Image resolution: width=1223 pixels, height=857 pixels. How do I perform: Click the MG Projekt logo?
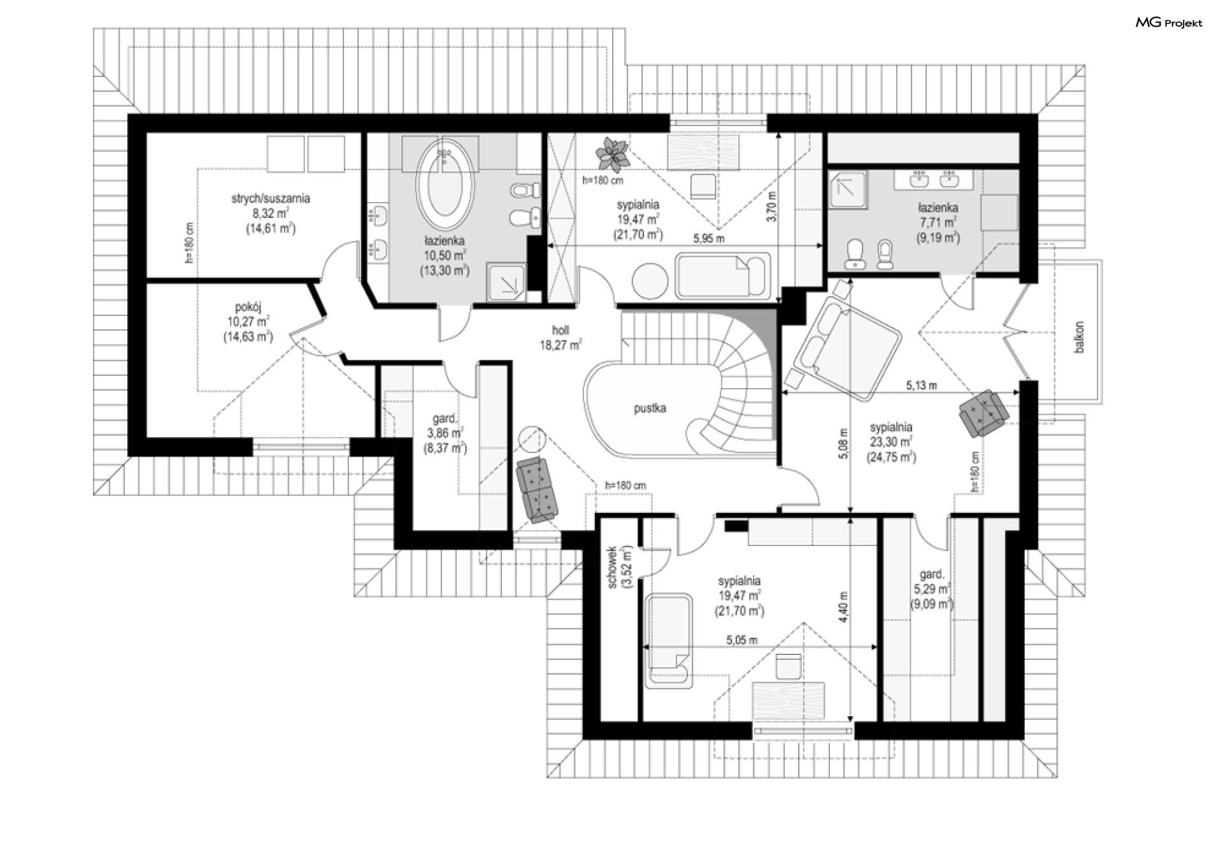[1169, 23]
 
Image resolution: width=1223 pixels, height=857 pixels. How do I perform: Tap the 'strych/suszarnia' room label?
[271, 199]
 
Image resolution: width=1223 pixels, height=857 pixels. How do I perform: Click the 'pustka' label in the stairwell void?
[650, 408]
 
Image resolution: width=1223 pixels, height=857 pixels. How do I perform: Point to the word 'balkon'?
[1078, 337]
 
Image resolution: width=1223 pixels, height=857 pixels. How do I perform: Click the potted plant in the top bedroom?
[613, 155]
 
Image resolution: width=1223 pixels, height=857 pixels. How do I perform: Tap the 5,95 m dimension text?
[709, 239]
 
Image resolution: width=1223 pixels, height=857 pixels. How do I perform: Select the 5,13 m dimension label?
[922, 385]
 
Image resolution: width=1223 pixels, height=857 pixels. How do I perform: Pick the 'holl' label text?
[561, 330]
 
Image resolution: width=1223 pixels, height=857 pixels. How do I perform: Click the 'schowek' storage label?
[612, 566]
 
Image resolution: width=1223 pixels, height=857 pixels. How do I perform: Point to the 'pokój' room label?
[248, 307]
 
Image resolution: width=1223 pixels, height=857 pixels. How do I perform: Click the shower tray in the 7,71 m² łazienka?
[849, 189]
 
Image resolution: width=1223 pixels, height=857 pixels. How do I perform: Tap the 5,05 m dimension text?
[741, 640]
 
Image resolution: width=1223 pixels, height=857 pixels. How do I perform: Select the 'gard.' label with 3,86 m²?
[445, 419]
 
